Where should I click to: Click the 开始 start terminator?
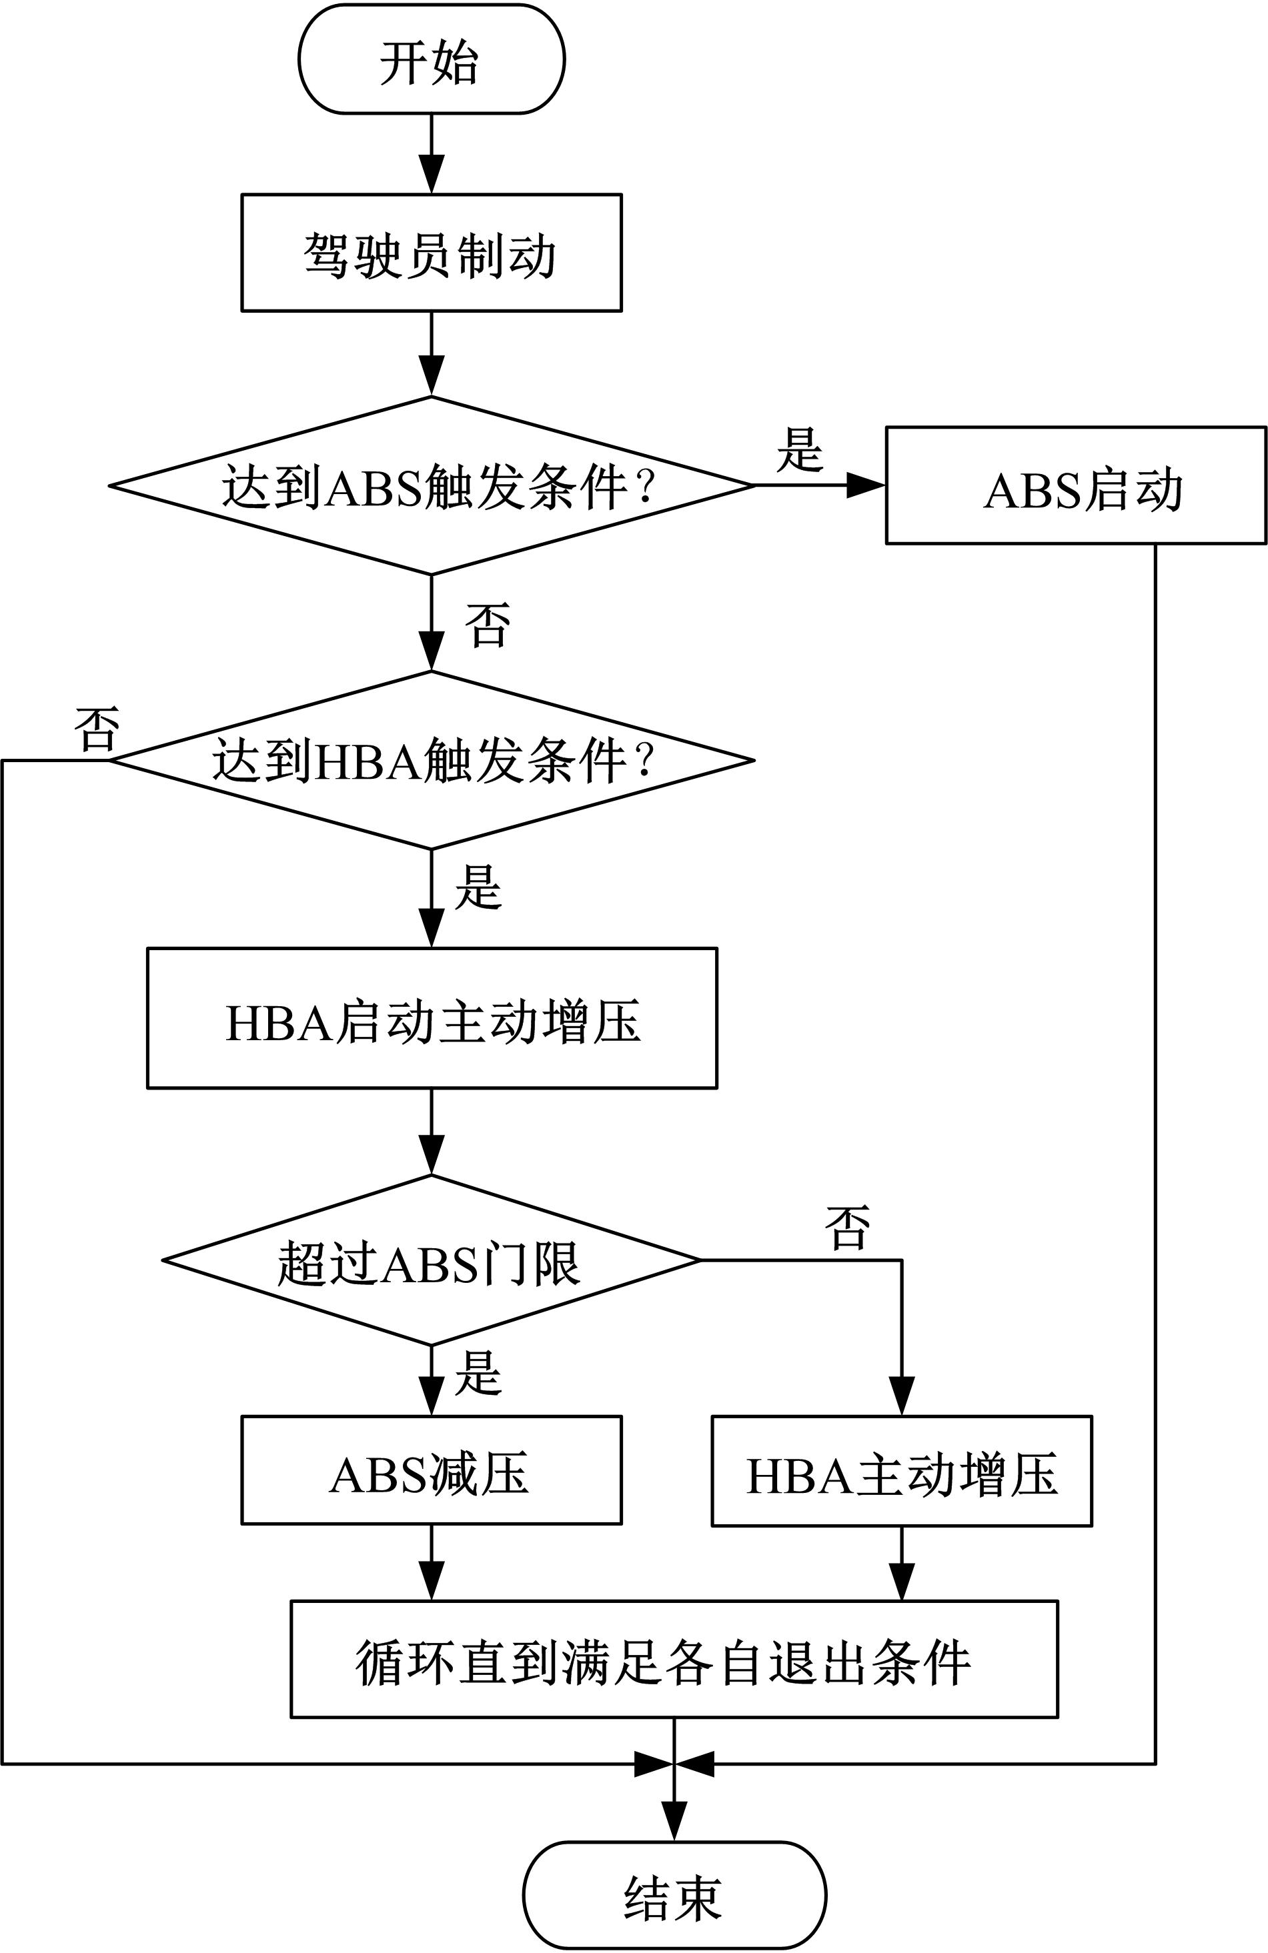[431, 59]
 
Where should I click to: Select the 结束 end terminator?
[674, 1895]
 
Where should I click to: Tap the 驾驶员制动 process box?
[431, 253]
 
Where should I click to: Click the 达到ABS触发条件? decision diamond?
[431, 486]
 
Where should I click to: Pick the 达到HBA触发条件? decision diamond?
[431, 761]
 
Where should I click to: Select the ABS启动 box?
[1075, 486]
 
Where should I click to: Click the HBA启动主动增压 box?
[432, 1018]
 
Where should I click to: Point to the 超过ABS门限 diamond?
[431, 1262]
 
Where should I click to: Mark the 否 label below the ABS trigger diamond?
[488, 625]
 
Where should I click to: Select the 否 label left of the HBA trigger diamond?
[97, 729]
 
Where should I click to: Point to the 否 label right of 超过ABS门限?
[848, 1228]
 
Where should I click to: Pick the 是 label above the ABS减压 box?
[478, 1373]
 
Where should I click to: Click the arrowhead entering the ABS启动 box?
[866, 486]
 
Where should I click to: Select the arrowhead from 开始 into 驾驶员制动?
[431, 175]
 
